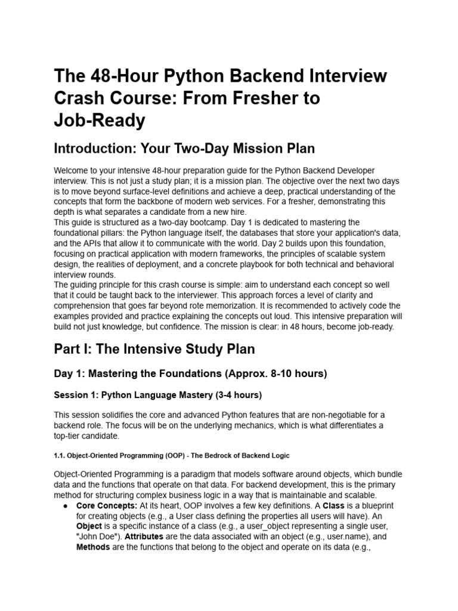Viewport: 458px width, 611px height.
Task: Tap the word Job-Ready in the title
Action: (x=100, y=121)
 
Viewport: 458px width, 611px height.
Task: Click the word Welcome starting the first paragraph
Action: (x=73, y=171)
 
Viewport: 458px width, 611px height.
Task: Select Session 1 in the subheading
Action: (x=75, y=395)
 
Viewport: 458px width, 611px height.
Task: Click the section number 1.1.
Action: (x=59, y=456)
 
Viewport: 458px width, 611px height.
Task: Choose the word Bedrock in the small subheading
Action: (x=222, y=456)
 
